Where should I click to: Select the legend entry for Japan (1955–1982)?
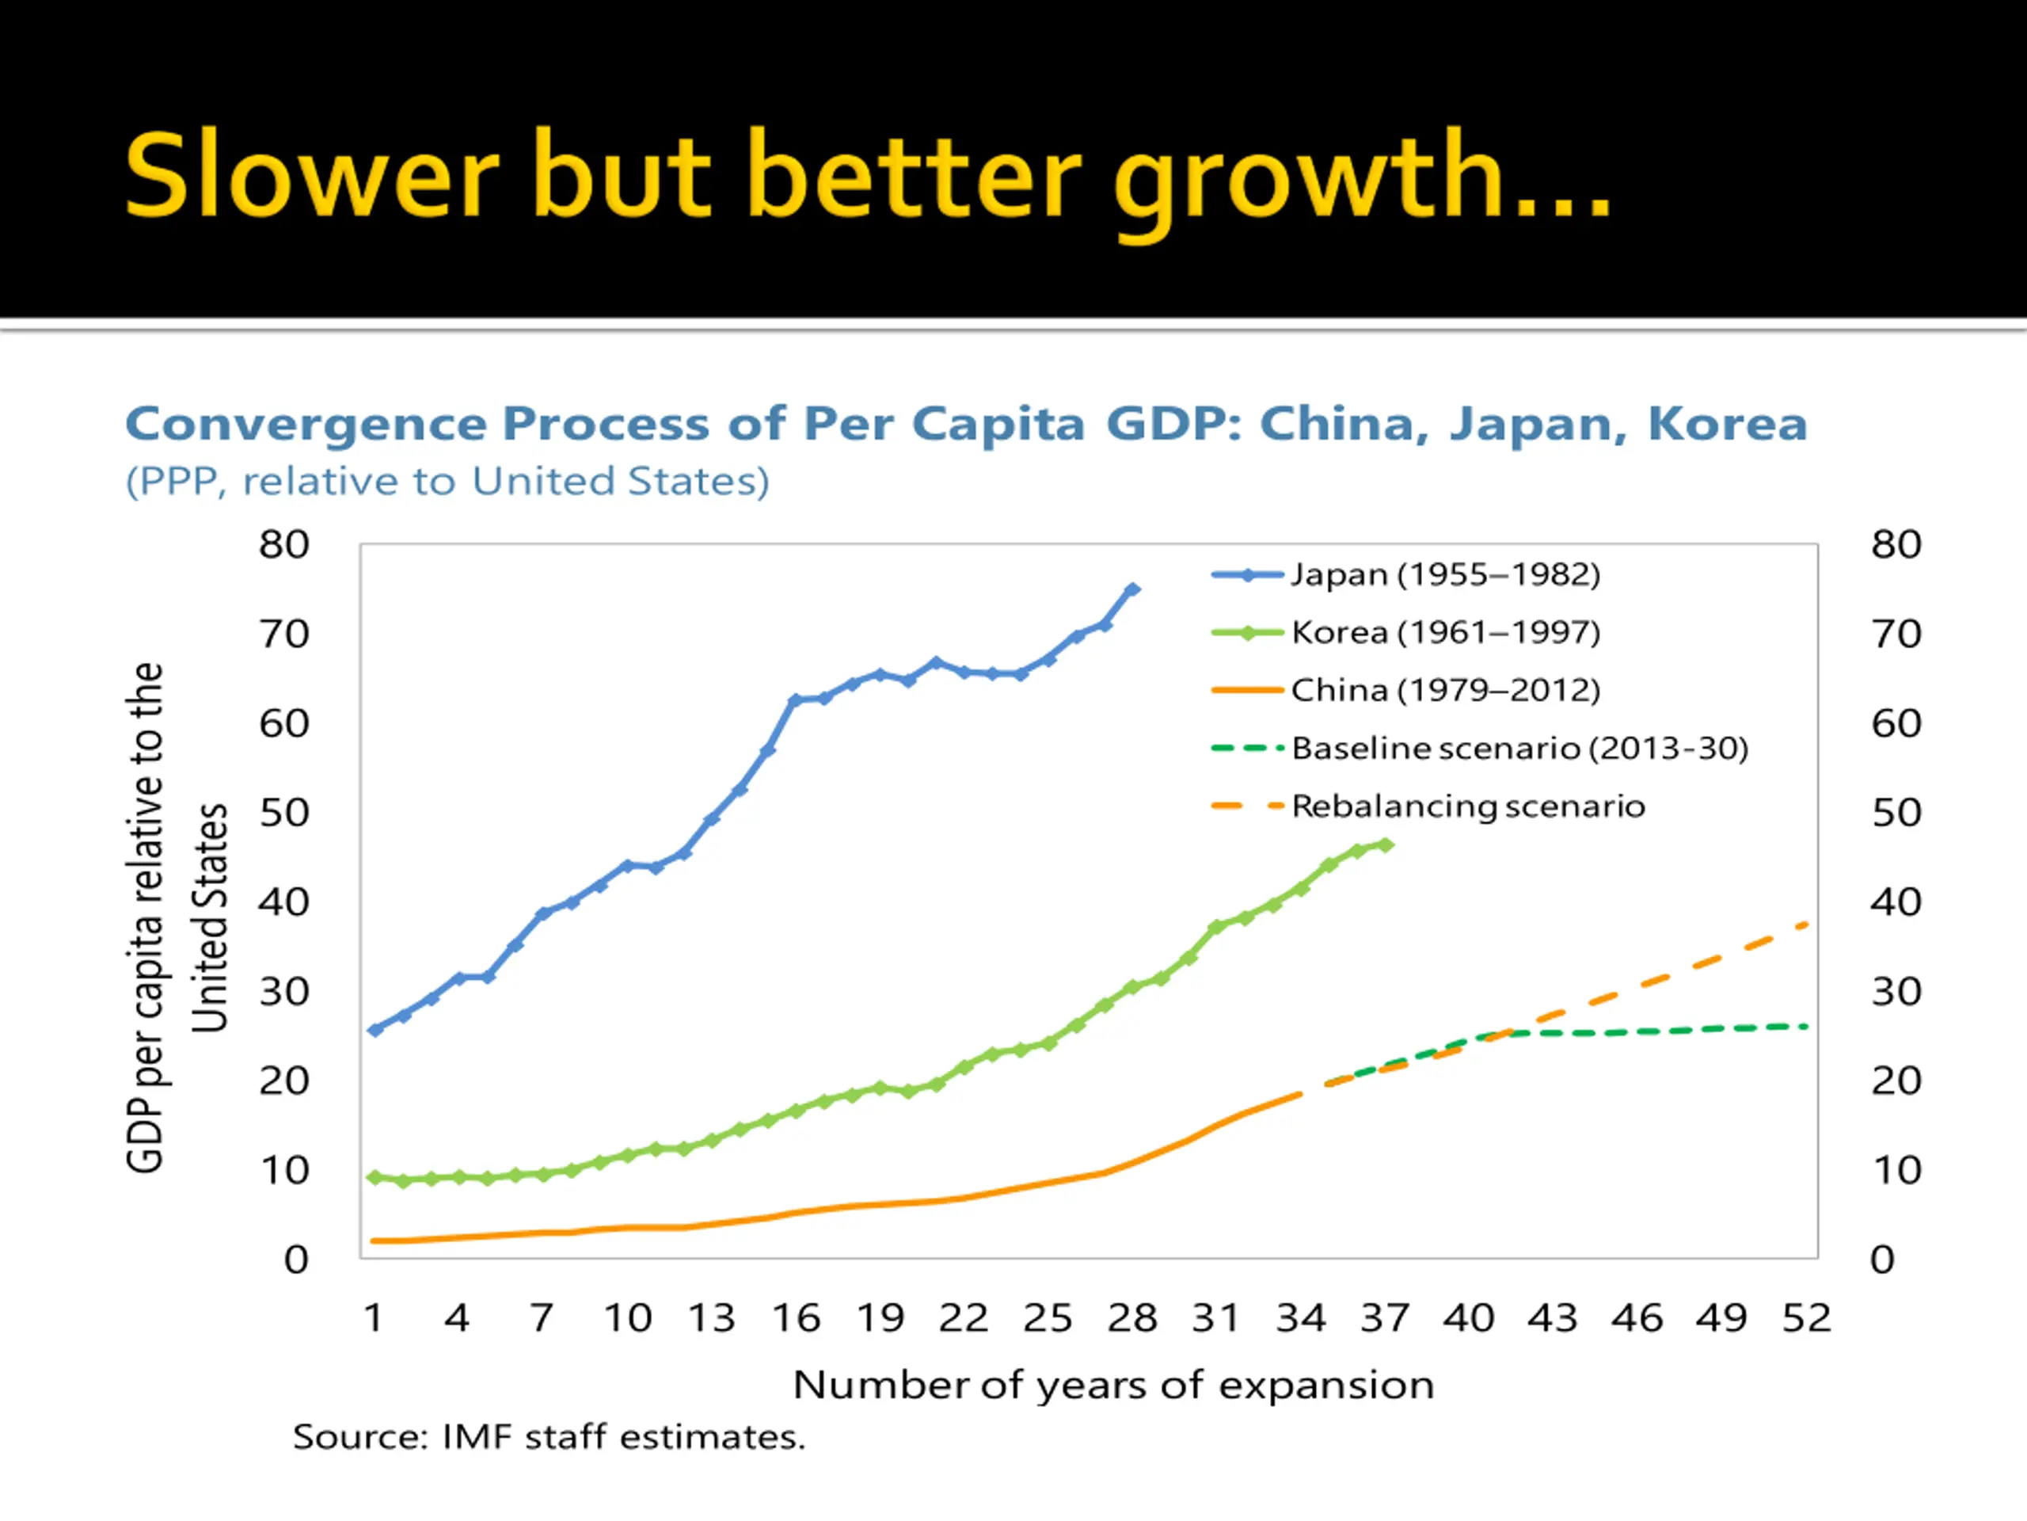click(x=1445, y=575)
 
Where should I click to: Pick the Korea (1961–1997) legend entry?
click(x=1445, y=633)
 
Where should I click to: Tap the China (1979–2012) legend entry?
click(x=1445, y=690)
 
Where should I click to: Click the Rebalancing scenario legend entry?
click(x=1468, y=806)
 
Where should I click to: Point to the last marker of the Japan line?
click(x=1132, y=589)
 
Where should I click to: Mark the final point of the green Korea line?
click(x=1386, y=844)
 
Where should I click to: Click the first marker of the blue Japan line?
click(x=375, y=1030)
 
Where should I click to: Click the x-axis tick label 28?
click(x=1132, y=1318)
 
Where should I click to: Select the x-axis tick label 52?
click(x=1806, y=1318)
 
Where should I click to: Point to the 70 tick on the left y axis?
click(x=284, y=635)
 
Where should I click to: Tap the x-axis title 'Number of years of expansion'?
click(x=1113, y=1386)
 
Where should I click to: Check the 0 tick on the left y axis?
click(x=296, y=1260)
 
